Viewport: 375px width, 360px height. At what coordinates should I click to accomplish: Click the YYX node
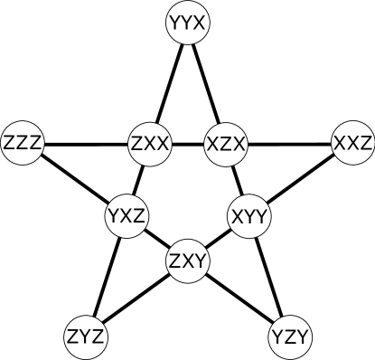188,24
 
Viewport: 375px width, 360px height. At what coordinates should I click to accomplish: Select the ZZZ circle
23,144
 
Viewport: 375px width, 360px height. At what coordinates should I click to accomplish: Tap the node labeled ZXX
150,144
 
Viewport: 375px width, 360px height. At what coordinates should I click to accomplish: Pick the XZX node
226,144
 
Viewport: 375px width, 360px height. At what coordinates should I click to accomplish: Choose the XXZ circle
352,144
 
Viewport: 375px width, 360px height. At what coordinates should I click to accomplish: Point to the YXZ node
127,216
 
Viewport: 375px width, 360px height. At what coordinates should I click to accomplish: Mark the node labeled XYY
250,216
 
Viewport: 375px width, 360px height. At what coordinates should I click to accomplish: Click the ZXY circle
189,262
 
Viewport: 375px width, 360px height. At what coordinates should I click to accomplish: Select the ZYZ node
86,337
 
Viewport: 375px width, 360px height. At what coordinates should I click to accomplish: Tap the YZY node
291,337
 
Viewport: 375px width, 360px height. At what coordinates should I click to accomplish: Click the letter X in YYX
200,24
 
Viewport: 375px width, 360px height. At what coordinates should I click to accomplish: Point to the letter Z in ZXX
138,144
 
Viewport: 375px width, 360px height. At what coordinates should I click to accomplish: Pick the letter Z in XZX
226,144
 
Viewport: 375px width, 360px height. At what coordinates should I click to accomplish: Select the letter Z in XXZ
364,144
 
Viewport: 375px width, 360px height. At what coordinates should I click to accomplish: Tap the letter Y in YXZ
115,216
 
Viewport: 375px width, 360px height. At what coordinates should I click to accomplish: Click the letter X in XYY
239,216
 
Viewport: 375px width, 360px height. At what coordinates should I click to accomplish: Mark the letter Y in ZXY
201,262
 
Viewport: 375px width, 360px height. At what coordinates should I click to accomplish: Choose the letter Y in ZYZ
86,337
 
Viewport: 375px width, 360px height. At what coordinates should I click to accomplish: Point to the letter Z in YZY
291,337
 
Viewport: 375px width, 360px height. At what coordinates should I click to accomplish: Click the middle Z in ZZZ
23,144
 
